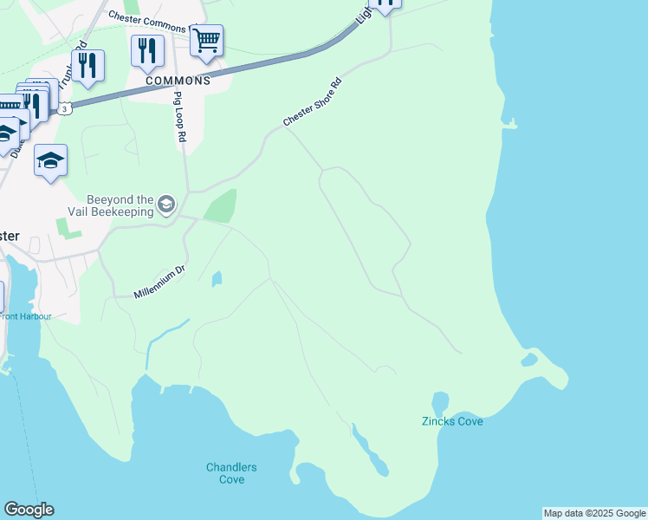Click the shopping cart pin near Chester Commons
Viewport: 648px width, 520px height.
(x=206, y=42)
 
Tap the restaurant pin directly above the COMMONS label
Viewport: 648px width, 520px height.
(x=147, y=51)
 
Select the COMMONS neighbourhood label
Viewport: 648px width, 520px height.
(x=178, y=81)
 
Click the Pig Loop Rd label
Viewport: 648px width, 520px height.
(x=180, y=116)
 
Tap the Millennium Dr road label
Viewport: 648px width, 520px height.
(x=159, y=283)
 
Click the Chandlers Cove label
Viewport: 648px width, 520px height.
(x=231, y=473)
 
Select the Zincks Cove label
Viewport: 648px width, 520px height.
(x=452, y=421)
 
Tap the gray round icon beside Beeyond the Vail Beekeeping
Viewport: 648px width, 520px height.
(x=166, y=205)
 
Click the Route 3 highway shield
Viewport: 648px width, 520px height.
(x=65, y=107)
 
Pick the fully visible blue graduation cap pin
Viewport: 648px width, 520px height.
(x=50, y=160)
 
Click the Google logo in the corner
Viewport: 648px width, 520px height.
(x=29, y=509)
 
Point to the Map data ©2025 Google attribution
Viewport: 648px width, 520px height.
(x=594, y=513)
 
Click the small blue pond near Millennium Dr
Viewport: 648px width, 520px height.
(x=216, y=278)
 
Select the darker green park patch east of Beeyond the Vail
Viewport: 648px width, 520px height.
(x=219, y=206)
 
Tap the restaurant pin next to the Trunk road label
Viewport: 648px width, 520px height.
(x=87, y=66)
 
